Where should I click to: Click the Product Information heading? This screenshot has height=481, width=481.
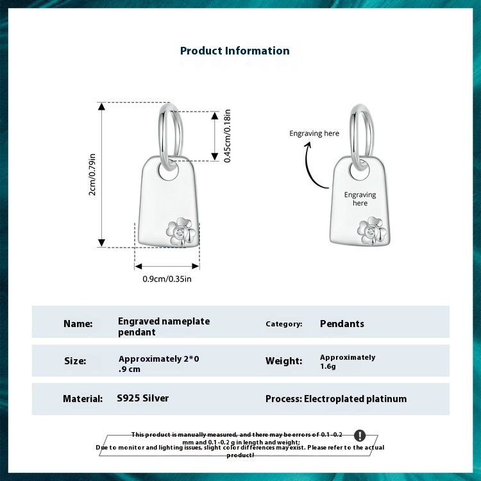click(x=235, y=51)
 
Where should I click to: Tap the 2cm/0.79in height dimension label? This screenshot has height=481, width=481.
click(x=92, y=174)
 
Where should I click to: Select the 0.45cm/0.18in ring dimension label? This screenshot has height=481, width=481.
click(x=227, y=136)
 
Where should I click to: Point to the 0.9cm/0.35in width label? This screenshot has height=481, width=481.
click(x=167, y=279)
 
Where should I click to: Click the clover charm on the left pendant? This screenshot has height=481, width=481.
click(x=181, y=231)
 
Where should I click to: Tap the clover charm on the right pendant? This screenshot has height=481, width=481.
click(x=371, y=232)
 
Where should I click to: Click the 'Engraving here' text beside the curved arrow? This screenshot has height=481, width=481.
click(x=314, y=133)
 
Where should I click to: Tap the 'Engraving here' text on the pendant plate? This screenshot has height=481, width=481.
click(x=360, y=199)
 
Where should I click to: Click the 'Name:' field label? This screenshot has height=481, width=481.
click(x=78, y=324)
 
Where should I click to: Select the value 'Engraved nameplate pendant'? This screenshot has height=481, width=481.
click(x=164, y=326)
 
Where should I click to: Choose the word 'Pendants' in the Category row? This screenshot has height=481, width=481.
click(x=342, y=324)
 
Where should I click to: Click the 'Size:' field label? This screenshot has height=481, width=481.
click(x=75, y=361)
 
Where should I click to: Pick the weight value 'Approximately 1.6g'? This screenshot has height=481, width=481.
click(x=348, y=362)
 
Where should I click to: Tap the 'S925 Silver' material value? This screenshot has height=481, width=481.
click(x=143, y=398)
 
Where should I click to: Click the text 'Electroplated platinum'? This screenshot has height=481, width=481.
click(x=355, y=399)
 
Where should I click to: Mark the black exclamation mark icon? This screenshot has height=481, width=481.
click(x=359, y=435)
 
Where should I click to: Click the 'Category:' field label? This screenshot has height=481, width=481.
click(x=284, y=324)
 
